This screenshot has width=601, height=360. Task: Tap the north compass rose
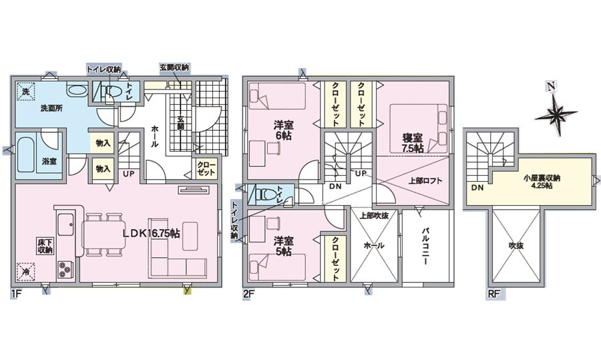click(556, 113)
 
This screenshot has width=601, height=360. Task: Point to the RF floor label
click(493, 293)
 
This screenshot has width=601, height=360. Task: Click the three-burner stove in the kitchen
click(65, 269)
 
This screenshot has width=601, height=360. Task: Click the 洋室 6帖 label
click(284, 130)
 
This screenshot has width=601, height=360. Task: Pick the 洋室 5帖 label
click(283, 247)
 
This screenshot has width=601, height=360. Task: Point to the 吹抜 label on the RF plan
click(517, 246)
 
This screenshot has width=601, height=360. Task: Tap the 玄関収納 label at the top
click(174, 67)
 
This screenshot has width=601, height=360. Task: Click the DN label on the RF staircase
click(477, 189)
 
